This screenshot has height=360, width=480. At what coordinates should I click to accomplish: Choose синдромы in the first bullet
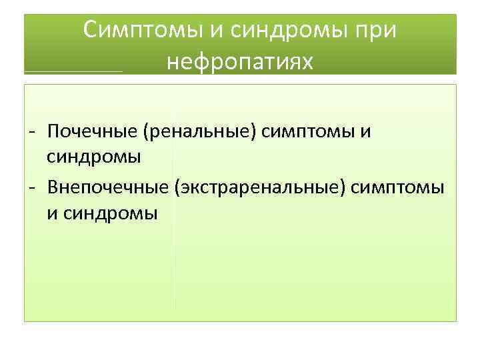(x=93, y=158)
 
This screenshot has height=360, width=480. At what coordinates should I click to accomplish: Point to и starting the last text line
(x=52, y=214)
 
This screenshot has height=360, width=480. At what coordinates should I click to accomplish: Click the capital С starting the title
(x=92, y=30)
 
